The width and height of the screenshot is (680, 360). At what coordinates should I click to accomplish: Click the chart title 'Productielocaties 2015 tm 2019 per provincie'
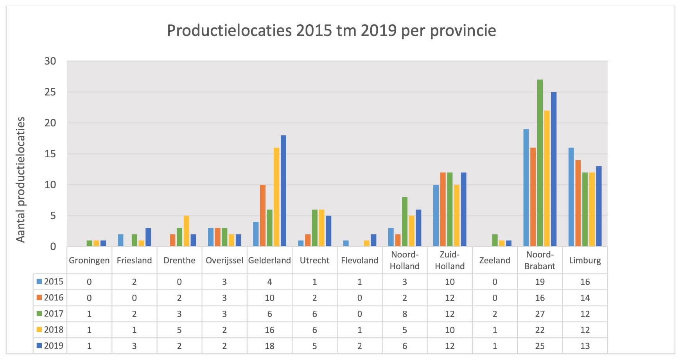coord(331,31)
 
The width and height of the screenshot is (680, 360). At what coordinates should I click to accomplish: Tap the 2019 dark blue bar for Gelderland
coord(283,191)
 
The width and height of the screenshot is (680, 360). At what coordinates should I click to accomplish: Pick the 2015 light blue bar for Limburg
coord(571,197)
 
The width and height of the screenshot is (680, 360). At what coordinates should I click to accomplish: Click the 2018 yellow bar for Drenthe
coord(186,231)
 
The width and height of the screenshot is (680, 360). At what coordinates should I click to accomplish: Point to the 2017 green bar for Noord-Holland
coord(404,221)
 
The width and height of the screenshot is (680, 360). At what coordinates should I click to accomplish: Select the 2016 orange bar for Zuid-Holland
coord(443,209)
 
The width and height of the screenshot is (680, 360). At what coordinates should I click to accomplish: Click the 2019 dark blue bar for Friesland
coord(148,237)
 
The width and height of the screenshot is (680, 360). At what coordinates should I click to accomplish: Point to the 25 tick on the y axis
coord(50,92)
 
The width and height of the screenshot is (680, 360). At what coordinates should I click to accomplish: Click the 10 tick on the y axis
coord(50,185)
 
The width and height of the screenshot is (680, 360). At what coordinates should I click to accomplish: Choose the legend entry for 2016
coord(50,297)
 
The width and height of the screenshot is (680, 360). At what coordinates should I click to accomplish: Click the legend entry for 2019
coord(50,346)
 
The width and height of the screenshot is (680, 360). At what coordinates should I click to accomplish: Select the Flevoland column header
coord(359,260)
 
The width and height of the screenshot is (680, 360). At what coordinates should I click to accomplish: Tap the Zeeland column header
coord(495,260)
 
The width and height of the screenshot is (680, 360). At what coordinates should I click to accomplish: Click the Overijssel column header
coord(224,260)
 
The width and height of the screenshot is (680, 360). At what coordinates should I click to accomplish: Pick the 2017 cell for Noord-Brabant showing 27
coord(540,314)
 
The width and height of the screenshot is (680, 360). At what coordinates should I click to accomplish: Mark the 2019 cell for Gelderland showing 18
coord(269,346)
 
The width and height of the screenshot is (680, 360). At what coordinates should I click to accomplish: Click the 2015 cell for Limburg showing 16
coord(585,282)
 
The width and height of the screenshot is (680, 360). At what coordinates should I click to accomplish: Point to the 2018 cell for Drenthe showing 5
coord(179,330)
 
